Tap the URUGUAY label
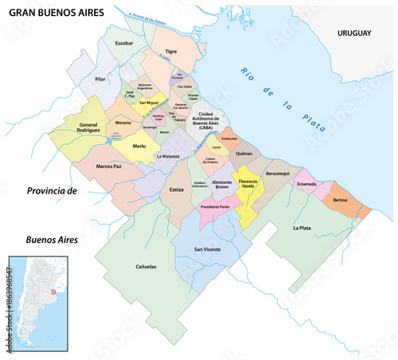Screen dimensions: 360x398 (355, 33)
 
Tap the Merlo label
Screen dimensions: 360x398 (140, 147)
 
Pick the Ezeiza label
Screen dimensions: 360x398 (176, 190)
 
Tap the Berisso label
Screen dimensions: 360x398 (345, 200)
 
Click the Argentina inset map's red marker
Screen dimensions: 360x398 (53, 292)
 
